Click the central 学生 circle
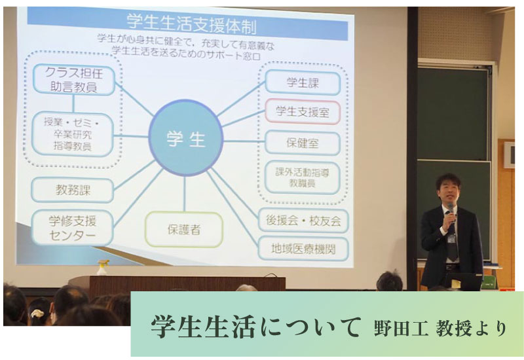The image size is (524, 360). click(x=186, y=138)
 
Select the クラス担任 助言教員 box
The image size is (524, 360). click(x=74, y=80)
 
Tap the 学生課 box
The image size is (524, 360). click(x=303, y=82)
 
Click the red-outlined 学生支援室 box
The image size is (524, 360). click(x=303, y=112)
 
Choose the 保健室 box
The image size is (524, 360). click(x=303, y=143)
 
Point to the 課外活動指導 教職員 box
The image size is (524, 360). click(x=303, y=177)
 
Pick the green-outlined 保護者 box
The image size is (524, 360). click(x=184, y=230)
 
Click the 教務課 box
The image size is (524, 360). click(x=73, y=190)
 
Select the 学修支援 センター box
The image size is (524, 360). click(x=73, y=228)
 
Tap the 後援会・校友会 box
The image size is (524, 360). click(x=303, y=221)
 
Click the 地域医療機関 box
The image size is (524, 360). click(x=303, y=249)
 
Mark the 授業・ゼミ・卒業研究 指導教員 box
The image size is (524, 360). click(x=73, y=134)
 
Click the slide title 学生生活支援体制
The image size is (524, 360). click(x=191, y=24)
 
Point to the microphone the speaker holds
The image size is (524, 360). click(x=451, y=211)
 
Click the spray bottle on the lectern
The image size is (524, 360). click(x=103, y=267)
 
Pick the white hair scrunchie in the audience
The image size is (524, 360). click(x=37, y=314)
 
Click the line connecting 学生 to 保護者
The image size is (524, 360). click(x=185, y=194)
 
